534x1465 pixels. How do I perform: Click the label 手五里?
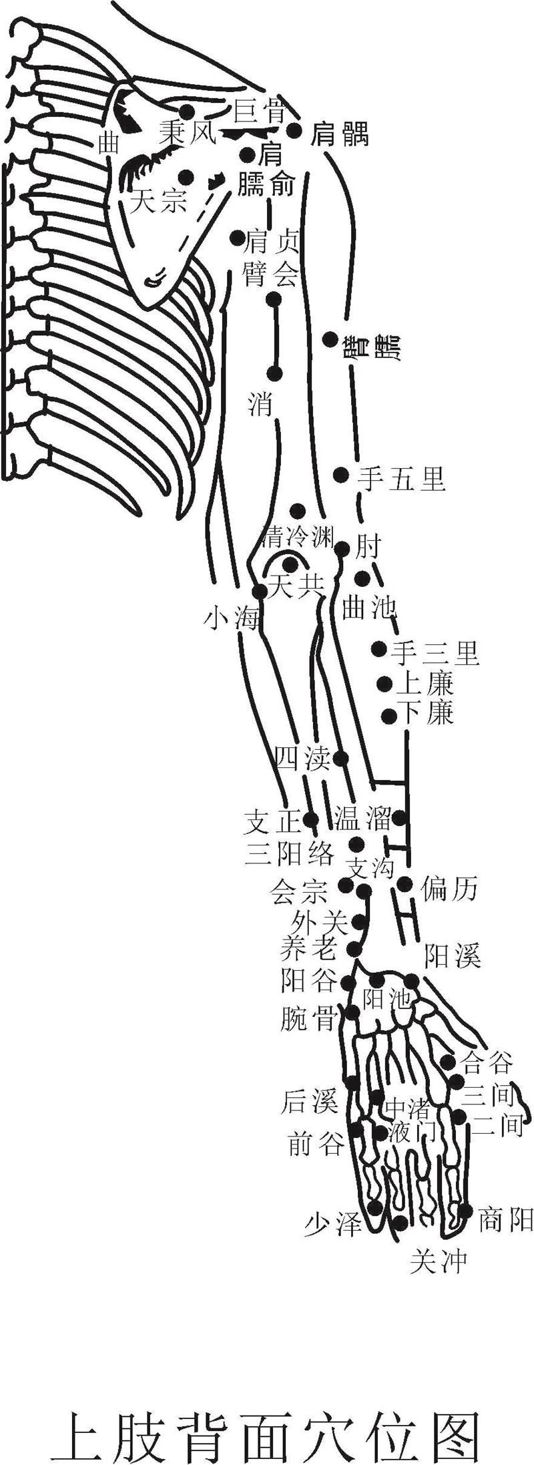click(x=401, y=478)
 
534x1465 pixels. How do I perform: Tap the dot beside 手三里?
click(x=379, y=648)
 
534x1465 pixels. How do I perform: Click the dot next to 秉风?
click(x=187, y=112)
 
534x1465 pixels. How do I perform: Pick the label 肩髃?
click(x=340, y=135)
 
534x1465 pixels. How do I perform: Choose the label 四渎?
click(x=304, y=759)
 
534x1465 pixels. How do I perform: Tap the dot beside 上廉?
click(x=384, y=683)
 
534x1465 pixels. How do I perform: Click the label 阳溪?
click(x=453, y=958)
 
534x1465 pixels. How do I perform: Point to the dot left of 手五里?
click(x=341, y=475)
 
